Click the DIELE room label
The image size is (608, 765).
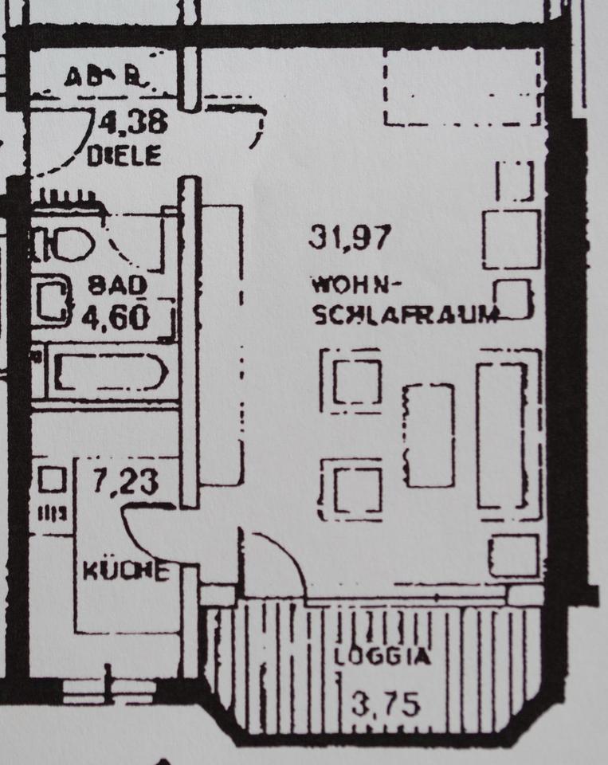(x=124, y=155)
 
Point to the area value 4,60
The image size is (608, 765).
(x=116, y=316)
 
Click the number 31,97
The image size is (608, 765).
(x=351, y=237)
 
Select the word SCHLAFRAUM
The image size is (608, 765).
(x=406, y=314)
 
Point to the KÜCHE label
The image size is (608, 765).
(x=126, y=571)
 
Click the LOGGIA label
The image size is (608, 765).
(x=382, y=658)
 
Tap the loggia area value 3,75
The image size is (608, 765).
(x=386, y=704)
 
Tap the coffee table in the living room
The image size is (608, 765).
(x=429, y=435)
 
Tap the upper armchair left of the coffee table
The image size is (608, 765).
(x=355, y=382)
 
